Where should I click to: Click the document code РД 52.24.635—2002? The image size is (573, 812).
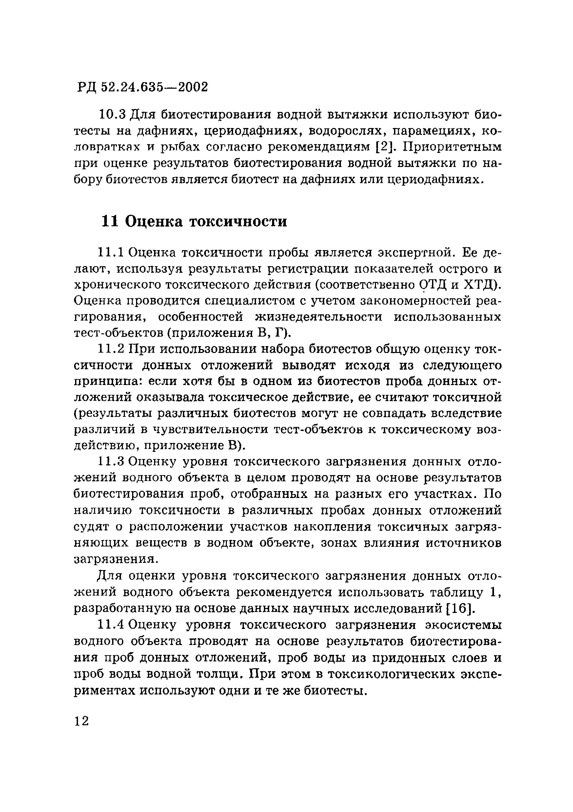tap(142, 87)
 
